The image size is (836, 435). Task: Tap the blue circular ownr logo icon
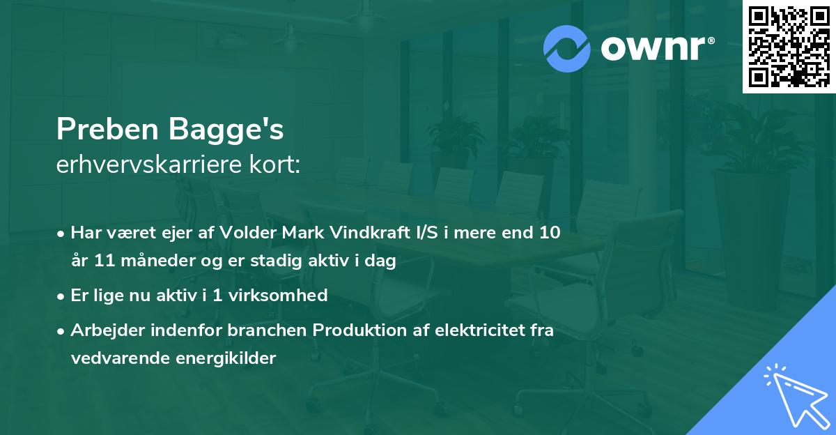[567, 49]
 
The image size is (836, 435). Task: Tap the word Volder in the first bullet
[246, 233]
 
